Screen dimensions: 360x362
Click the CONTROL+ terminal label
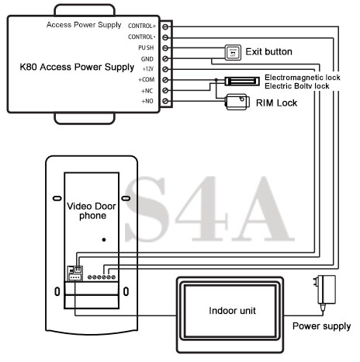[x=142, y=26]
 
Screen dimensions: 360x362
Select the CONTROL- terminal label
[x=141, y=37]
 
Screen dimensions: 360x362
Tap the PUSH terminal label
[x=146, y=48]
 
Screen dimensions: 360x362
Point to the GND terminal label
[x=147, y=59]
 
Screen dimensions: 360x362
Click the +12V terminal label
[x=148, y=69]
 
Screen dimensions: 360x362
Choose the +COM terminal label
[x=147, y=79]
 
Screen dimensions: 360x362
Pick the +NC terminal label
[x=147, y=91]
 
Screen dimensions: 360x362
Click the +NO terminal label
[x=147, y=101]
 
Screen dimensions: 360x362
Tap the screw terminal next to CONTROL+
[x=165, y=26]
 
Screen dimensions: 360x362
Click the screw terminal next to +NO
[x=165, y=101]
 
